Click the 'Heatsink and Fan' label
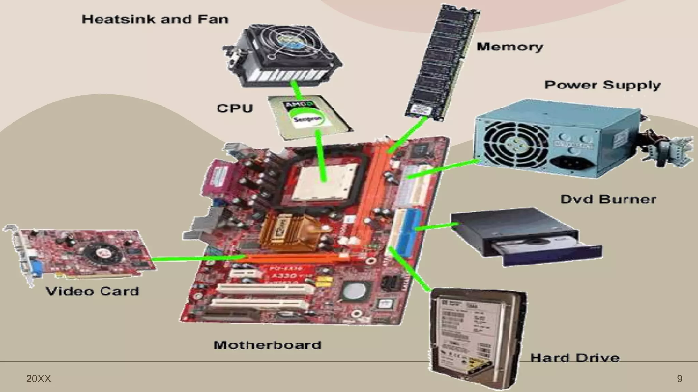tap(155, 19)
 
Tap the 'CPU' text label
tap(235, 108)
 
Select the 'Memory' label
tap(510, 47)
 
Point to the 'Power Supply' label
tap(602, 85)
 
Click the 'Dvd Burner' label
tap(608, 199)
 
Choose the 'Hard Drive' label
tap(575, 358)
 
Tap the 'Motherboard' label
tap(268, 345)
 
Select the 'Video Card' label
tap(92, 291)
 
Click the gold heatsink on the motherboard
tap(290, 231)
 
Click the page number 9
tap(680, 379)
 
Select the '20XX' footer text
tap(39, 379)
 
